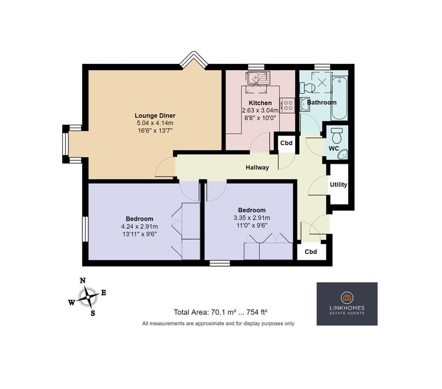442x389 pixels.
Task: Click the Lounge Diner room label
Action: click(155, 115)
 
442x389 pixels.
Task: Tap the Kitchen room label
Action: click(260, 103)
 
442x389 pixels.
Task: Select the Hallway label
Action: click(257, 167)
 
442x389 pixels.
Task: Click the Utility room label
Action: click(338, 184)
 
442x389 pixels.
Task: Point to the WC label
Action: click(334, 148)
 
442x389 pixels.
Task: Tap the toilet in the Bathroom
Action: click(307, 87)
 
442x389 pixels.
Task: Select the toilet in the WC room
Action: click(336, 136)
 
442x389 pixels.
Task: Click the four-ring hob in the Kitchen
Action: click(288, 105)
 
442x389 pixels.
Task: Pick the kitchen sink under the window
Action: click(258, 78)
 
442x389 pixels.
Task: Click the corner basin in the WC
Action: click(343, 155)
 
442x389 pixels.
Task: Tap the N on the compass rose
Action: click(83, 280)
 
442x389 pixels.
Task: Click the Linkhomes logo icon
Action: click(347, 297)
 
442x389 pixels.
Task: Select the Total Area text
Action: click(220, 312)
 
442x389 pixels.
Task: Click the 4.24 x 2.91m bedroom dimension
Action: click(139, 226)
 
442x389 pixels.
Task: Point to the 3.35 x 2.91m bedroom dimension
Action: click(252, 218)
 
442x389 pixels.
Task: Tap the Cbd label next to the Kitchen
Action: click(286, 143)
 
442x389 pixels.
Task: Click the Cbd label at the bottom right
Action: click(311, 252)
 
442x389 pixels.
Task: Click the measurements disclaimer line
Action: click(218, 323)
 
